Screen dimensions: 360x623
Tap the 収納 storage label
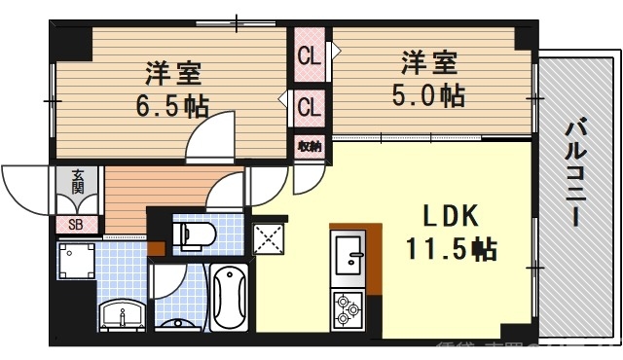(310, 146)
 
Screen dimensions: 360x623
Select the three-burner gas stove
(348, 309)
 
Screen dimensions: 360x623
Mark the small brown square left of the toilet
(157, 247)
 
